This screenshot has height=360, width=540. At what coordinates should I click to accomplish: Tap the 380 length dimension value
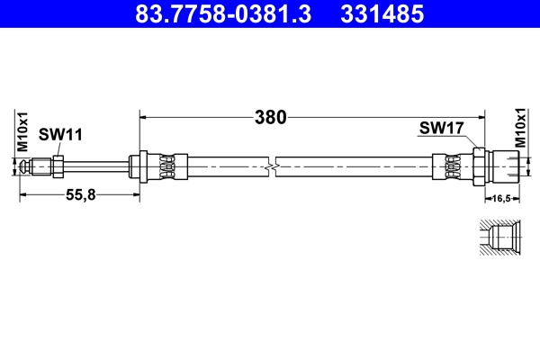click(x=269, y=117)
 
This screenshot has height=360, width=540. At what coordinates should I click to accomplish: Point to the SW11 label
click(x=60, y=135)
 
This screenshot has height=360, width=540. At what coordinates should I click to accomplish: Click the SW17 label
click(x=441, y=128)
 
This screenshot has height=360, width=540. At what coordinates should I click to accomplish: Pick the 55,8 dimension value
click(x=78, y=194)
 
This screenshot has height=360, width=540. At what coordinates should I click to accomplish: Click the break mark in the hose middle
click(x=271, y=166)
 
